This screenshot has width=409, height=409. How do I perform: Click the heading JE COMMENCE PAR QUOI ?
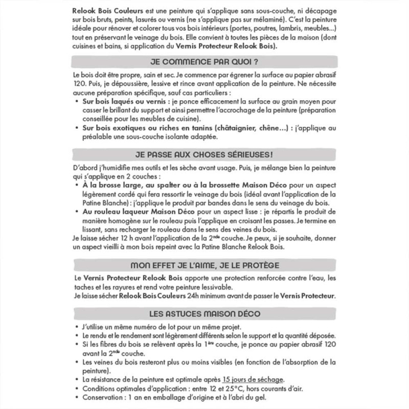click(x=203, y=62)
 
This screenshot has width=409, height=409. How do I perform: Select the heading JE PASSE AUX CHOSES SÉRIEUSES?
click(x=203, y=153)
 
